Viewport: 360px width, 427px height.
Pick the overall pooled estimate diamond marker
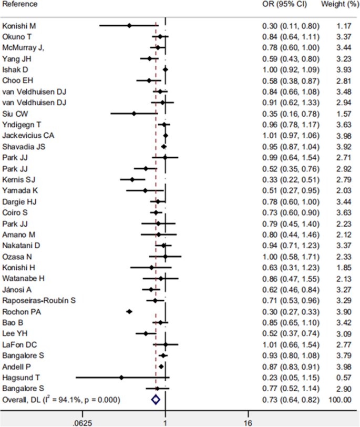click(x=155, y=400)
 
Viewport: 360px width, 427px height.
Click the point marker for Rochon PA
click(x=129, y=312)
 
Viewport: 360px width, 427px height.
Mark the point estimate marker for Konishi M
click(x=129, y=25)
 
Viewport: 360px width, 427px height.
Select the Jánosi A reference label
click(x=17, y=290)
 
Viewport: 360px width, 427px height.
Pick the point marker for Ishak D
click(x=165, y=69)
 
